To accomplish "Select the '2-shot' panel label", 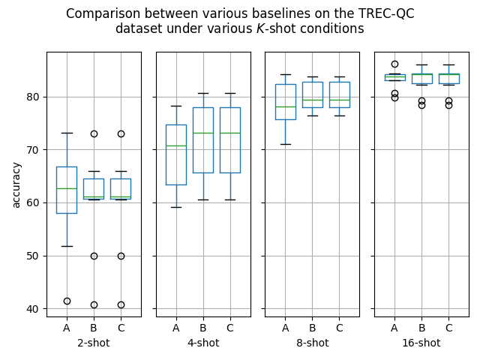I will (x=94, y=343).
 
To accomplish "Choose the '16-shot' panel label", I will (x=421, y=343).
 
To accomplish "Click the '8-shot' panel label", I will (x=312, y=343).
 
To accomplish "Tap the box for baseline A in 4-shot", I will (x=176, y=154).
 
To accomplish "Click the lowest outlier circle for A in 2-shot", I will (x=67, y=301).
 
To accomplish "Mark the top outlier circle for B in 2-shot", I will (x=94, y=133).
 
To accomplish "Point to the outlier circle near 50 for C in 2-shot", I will (x=121, y=256).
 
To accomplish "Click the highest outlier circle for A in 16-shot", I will (x=394, y=64).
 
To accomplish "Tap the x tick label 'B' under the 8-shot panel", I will (x=312, y=328).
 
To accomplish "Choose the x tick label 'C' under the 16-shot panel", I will (x=448, y=328).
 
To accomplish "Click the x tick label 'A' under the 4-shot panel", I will (x=176, y=328).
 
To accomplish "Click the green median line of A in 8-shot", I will (x=285, y=106).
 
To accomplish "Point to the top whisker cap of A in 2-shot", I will (x=67, y=133).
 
